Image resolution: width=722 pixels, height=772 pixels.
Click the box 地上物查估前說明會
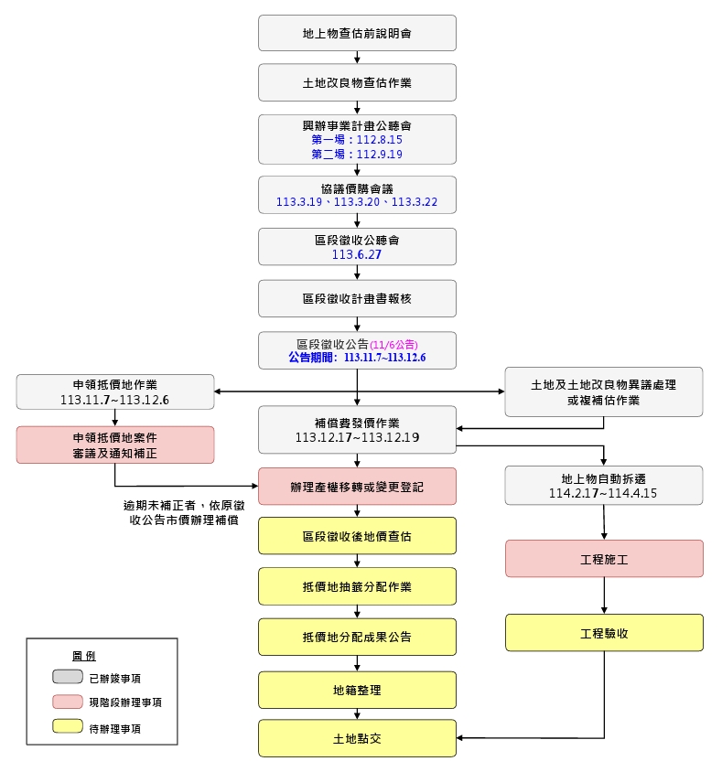357,33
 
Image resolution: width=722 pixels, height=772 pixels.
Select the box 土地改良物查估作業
357,82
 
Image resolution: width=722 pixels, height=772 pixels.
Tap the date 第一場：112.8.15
357,140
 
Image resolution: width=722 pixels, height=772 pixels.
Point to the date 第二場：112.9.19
357,155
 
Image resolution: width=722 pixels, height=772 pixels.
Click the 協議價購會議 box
357,195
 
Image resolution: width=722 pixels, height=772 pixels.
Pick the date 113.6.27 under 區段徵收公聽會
357,255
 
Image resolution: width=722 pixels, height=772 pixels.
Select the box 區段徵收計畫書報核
357,298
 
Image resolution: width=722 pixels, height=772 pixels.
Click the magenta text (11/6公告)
393,345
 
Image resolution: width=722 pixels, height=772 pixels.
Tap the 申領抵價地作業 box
115,391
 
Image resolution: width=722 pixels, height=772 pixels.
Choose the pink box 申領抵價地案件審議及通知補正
115,445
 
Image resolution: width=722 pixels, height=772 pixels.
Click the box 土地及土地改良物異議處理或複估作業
604,391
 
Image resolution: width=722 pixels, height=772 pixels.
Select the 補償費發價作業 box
357,430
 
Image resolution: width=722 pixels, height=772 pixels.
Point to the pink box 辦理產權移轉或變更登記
357,487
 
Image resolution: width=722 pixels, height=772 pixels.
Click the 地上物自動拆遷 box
604,485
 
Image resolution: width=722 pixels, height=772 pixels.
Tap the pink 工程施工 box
604,559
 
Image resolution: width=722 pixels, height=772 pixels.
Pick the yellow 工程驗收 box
604,632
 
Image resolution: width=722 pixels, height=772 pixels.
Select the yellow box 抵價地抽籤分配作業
357,586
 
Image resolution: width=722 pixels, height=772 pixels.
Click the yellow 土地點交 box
357,738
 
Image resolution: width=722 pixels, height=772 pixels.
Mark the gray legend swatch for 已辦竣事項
69,677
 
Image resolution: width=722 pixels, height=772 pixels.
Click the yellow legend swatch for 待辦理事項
69,728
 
